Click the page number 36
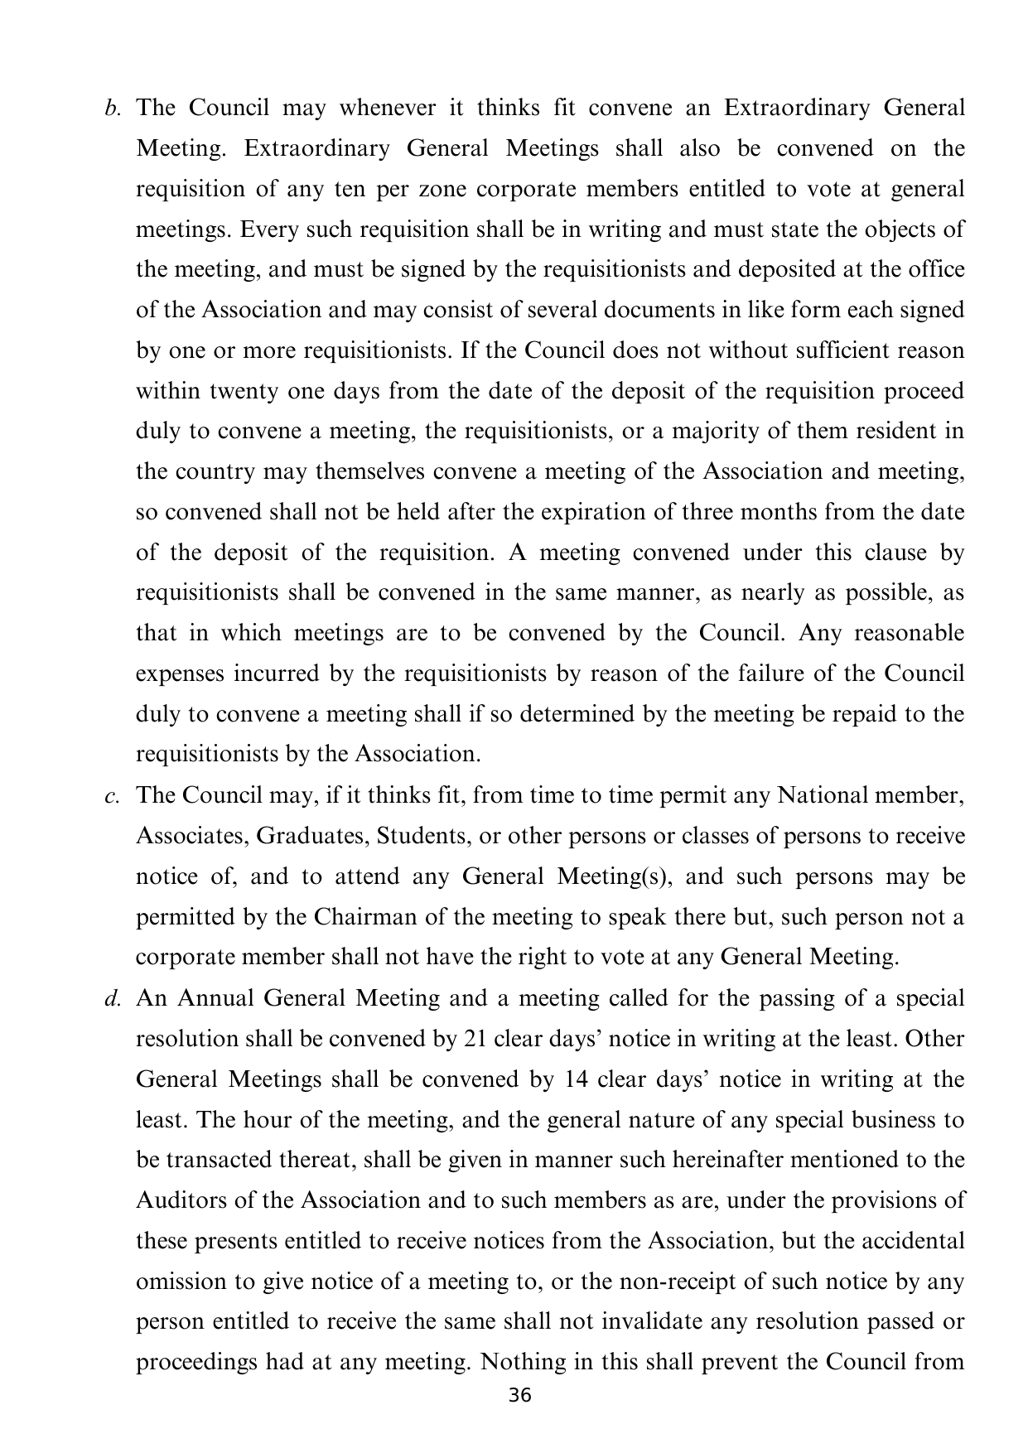[x=519, y=1395]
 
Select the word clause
[x=885, y=553]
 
